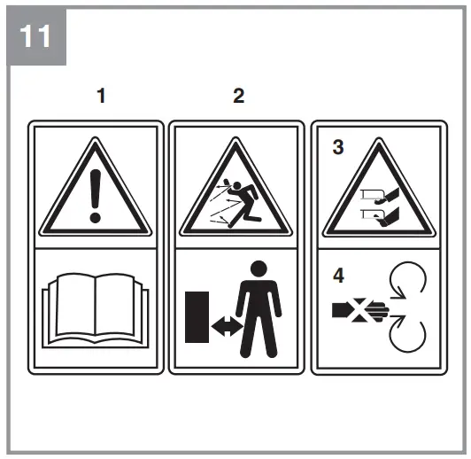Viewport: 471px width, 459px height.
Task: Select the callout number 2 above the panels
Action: click(x=238, y=97)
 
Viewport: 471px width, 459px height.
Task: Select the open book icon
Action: click(x=97, y=311)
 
